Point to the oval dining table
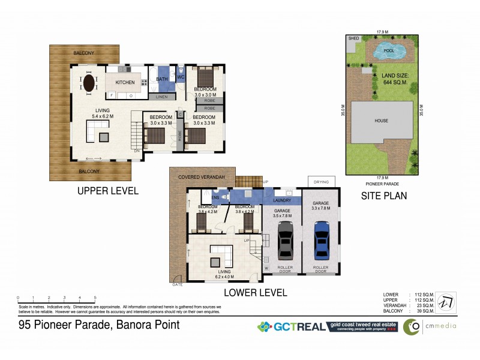point(89,82)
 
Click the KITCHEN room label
point(125,82)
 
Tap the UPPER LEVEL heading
point(107,191)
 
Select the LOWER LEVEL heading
point(255,293)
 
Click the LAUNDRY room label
point(282,200)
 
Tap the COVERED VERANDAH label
point(201,178)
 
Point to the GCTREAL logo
point(291,327)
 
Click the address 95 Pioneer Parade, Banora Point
point(99,325)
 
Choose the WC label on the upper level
point(180,77)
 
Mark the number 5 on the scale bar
point(95,298)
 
